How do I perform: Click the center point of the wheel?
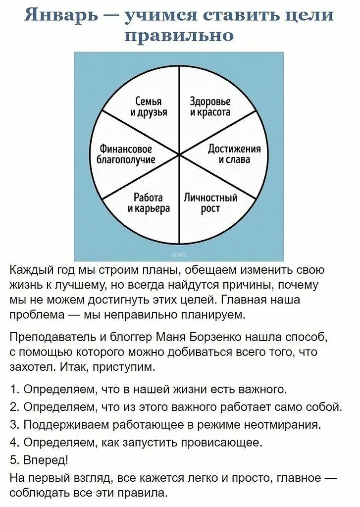(x=179, y=155)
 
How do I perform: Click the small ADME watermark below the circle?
(x=179, y=255)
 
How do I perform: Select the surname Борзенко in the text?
(x=216, y=337)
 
